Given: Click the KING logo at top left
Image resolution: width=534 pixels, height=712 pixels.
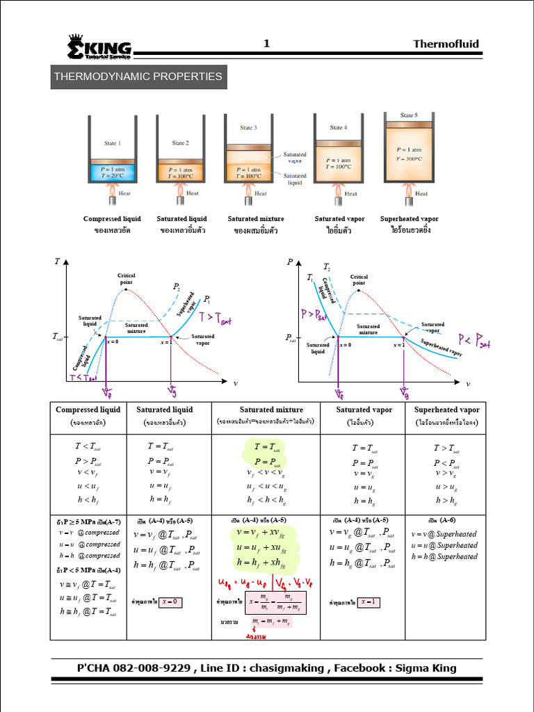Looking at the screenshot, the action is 99,47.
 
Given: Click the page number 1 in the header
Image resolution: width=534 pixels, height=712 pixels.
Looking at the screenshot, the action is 266,44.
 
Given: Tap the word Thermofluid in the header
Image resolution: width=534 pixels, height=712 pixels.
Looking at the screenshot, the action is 446,44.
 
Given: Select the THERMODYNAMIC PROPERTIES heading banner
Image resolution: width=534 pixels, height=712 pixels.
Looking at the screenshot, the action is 138,76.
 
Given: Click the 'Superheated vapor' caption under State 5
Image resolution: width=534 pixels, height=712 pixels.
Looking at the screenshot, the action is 409,219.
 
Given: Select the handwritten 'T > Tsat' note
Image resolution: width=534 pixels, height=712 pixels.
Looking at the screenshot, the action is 215,319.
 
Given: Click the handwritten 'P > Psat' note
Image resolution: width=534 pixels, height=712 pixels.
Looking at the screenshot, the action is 314,314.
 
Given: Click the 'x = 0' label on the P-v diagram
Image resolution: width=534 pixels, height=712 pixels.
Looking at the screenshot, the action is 346,345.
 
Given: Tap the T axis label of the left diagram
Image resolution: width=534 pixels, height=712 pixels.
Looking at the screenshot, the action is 56,262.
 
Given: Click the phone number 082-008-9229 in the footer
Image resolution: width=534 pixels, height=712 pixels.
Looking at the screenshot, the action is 153,668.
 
